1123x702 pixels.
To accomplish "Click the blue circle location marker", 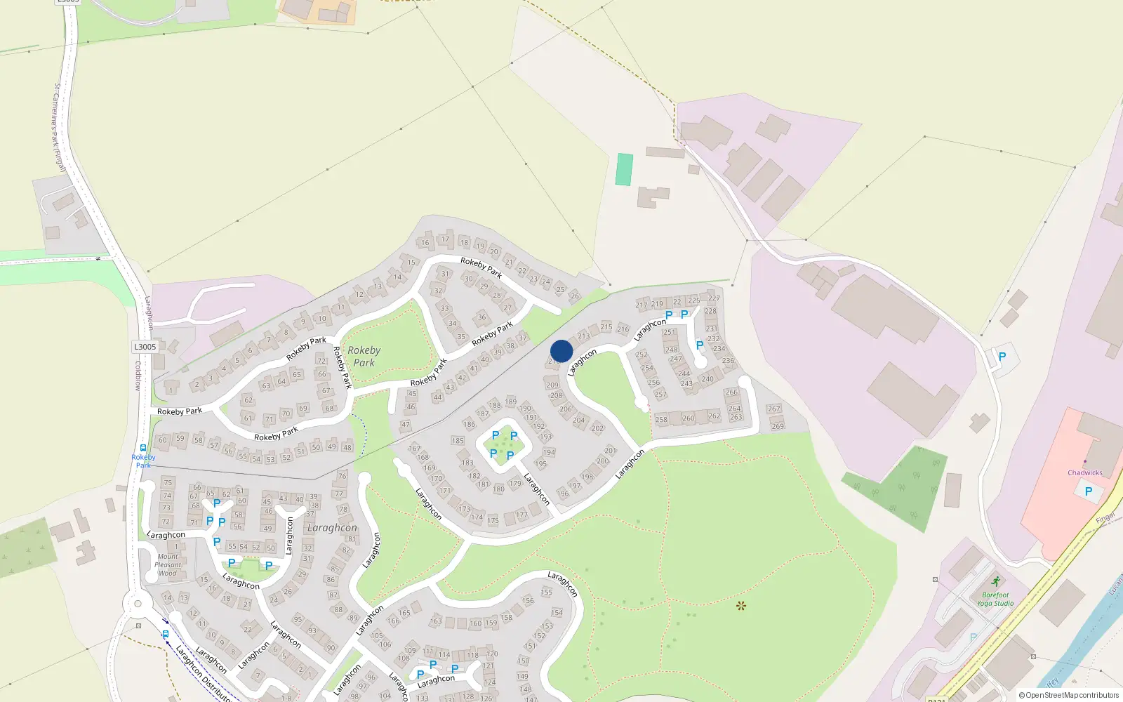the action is [561, 351].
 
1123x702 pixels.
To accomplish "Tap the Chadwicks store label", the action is [1084, 472].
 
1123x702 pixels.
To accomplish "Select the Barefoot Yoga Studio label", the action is [995, 599].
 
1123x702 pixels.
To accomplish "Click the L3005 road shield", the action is [145, 347].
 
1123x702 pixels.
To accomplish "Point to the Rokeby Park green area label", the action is [364, 356].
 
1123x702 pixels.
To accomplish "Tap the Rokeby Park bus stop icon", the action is [143, 448].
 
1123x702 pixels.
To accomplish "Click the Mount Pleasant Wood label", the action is [168, 564].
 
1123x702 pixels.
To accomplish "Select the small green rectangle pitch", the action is [623, 169].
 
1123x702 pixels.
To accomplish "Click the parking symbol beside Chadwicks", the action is [1088, 491].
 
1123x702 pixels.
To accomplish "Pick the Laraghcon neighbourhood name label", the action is [332, 527].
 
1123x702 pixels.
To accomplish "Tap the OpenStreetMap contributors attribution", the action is [1068, 695].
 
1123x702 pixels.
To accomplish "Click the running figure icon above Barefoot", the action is [995, 581].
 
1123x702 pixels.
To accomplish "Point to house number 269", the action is [778, 426].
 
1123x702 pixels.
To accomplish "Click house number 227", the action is [714, 298].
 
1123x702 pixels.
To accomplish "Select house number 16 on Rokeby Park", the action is [425, 243].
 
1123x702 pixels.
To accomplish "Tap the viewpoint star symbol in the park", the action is [740, 605].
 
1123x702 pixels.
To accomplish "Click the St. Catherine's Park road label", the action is [59, 126].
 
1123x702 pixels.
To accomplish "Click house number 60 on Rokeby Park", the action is [163, 440].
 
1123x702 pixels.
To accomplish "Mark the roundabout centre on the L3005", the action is [138, 603].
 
